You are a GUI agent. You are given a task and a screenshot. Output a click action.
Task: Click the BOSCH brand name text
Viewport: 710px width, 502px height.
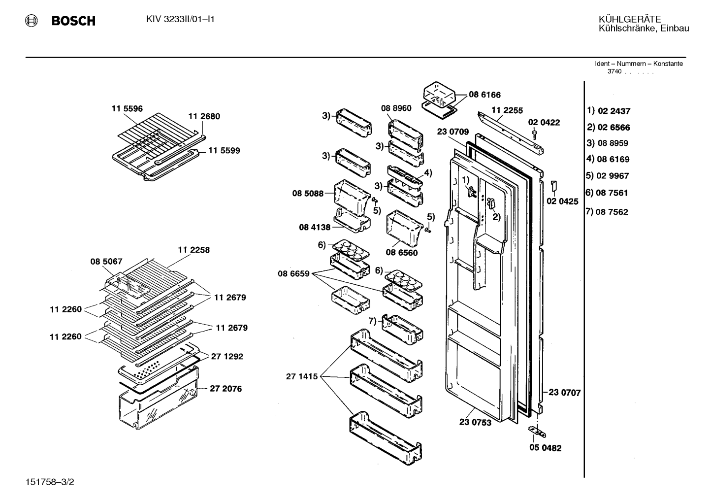coord(73,21)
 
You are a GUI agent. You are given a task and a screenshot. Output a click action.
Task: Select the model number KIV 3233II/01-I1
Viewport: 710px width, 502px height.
coord(180,19)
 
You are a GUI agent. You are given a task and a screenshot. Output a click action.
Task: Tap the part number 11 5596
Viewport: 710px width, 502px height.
coord(127,108)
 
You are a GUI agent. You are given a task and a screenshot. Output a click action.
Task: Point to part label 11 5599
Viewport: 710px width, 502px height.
coord(224,150)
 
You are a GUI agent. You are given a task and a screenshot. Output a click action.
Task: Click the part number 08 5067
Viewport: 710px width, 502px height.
coord(106,261)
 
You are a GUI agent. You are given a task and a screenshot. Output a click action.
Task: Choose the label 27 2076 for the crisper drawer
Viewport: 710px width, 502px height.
coord(226,389)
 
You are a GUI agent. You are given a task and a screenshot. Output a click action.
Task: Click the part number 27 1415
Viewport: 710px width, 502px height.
coord(302,376)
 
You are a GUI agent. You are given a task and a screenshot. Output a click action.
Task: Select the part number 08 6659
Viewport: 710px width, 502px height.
coord(293,273)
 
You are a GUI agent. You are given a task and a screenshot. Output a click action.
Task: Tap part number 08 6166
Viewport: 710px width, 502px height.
coord(484,95)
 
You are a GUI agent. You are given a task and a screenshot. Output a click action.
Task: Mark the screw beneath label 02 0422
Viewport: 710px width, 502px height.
coord(534,134)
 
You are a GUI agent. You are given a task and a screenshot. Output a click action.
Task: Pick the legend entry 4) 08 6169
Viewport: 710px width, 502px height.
coord(608,159)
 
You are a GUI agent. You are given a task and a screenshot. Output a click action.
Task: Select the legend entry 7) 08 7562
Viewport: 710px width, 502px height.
coord(607,211)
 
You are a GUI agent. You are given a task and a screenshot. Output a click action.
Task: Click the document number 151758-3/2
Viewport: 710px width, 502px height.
coord(50,482)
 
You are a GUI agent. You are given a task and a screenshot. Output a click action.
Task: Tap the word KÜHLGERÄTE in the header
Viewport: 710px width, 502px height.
coord(630,19)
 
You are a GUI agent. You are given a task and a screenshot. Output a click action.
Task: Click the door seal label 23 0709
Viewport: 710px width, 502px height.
coord(452,131)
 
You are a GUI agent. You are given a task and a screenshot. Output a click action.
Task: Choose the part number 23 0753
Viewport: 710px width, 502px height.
coord(475,422)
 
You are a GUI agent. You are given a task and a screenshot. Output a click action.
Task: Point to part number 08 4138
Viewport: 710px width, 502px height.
coord(315,227)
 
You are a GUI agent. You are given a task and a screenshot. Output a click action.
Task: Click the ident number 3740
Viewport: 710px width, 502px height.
coord(614,71)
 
